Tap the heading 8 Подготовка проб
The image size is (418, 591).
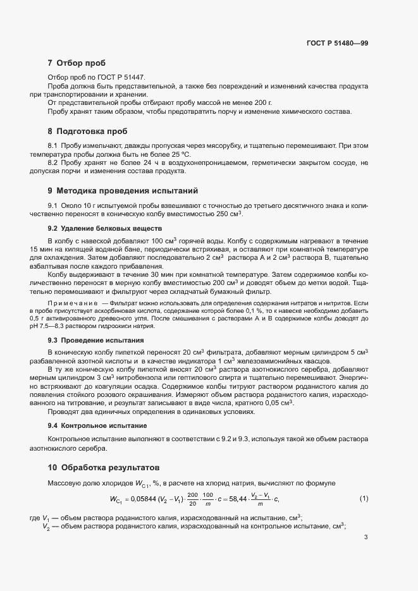[87, 131]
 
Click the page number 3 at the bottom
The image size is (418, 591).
[366, 538]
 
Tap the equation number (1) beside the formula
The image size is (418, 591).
[364, 499]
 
